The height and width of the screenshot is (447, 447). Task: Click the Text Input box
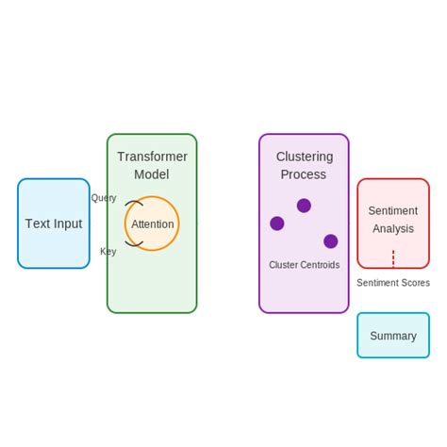point(53,223)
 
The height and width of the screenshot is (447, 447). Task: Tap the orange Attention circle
point(152,223)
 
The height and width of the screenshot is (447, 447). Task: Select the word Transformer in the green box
point(152,157)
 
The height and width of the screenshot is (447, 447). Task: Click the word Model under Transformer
point(152,174)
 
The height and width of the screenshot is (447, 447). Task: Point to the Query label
point(104,198)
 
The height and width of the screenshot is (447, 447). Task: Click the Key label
point(108,252)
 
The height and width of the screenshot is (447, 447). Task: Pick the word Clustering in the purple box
point(304,157)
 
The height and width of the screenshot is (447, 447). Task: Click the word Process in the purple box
point(304,174)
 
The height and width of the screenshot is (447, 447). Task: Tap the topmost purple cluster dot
point(304,206)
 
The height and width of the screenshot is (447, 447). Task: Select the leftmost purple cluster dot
point(277,223)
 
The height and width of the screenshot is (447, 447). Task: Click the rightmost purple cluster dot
point(331,241)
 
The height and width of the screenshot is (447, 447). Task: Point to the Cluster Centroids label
point(304,265)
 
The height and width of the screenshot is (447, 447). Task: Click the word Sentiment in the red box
point(393,211)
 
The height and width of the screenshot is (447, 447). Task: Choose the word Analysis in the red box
point(393,229)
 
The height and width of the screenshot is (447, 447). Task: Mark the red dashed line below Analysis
point(393,258)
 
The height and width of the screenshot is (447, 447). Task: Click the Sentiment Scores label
point(393,283)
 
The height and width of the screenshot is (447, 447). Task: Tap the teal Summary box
point(393,336)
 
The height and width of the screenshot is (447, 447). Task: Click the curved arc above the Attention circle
point(134,202)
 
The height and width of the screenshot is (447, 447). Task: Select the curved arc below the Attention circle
point(134,244)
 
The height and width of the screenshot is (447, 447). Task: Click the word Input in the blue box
point(67,223)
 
